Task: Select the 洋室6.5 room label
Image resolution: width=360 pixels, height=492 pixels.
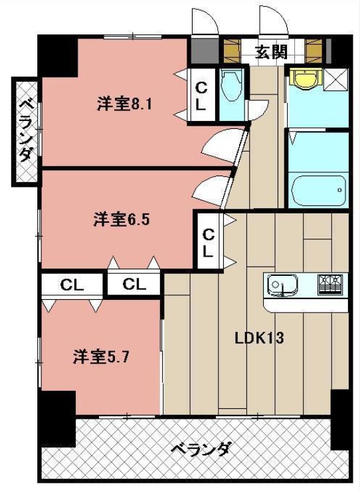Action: [120, 219]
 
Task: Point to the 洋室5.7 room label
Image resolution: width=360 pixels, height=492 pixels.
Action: [100, 356]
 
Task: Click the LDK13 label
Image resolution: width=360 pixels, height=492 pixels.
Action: [259, 338]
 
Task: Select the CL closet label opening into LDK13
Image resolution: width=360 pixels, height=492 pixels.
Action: [209, 242]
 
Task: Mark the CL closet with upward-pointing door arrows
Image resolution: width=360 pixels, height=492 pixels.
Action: [135, 285]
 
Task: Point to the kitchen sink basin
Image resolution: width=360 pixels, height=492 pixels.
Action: [282, 285]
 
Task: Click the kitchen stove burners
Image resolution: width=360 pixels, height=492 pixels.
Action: [330, 285]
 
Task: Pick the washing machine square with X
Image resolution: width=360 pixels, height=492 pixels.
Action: [335, 78]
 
